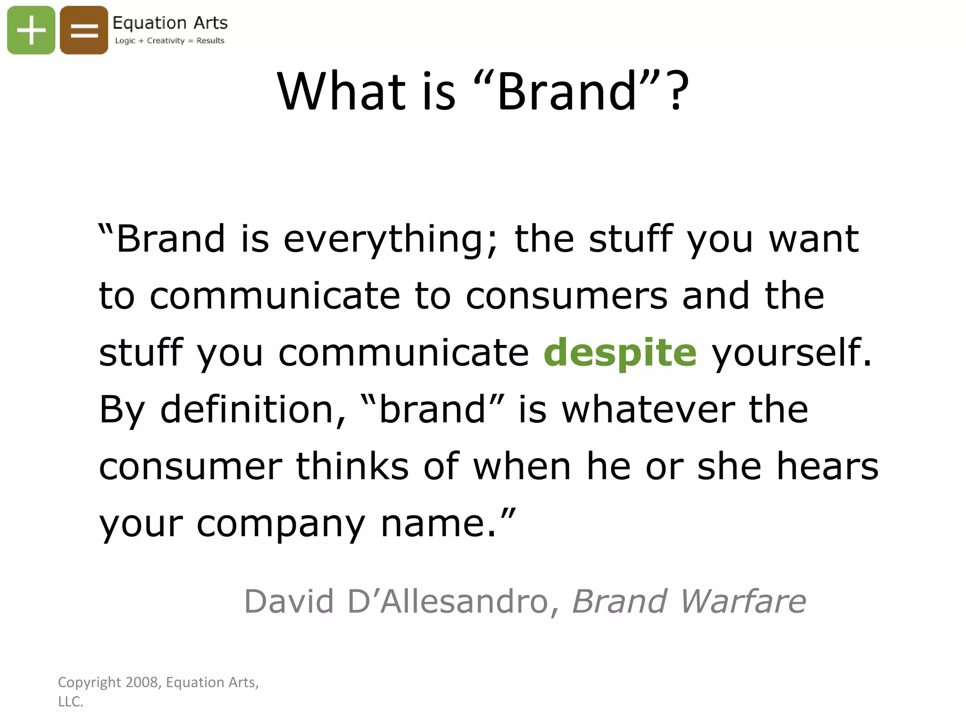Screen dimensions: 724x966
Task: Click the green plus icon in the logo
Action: (31, 30)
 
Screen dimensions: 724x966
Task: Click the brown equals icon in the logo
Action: (84, 30)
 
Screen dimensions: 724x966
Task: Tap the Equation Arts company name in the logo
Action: (170, 23)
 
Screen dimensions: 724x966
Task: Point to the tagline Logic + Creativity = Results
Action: (170, 41)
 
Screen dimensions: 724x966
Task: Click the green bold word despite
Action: (620, 353)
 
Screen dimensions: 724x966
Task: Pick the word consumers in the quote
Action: (566, 296)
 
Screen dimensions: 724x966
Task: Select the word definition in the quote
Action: (253, 409)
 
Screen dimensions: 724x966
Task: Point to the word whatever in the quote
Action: (649, 409)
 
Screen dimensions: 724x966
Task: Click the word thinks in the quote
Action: (352, 466)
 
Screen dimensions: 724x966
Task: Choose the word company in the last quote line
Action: (281, 523)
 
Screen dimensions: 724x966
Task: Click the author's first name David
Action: (289, 601)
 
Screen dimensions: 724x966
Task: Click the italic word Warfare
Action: (743, 601)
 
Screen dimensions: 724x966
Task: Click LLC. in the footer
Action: (70, 701)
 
